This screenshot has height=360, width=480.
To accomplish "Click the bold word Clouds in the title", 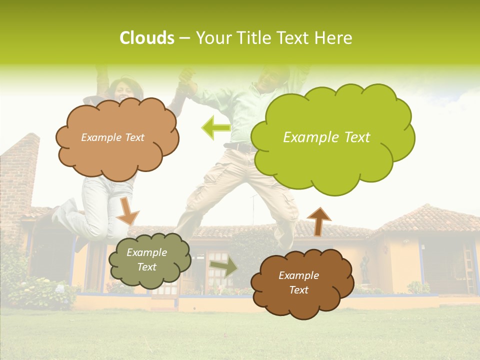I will tap(147, 38).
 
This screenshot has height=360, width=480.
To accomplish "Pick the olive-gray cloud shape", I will tap(149, 260).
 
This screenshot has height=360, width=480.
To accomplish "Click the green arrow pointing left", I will tap(216, 128).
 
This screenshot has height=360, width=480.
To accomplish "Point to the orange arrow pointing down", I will tap(128, 211).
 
